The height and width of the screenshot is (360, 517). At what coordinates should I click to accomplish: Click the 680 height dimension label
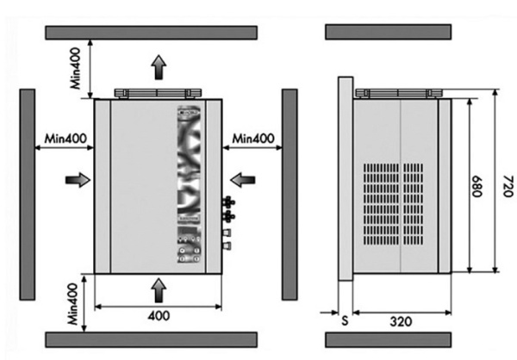pos(477,186)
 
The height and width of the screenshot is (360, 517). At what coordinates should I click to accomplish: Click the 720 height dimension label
pos(508,186)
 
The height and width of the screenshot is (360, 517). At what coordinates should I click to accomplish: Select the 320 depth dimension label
pos(401,321)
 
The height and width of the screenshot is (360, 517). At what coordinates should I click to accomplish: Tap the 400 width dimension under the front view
pos(159,316)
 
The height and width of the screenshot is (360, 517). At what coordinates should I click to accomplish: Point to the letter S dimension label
pos(345,320)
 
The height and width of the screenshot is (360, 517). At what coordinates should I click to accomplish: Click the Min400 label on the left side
pos(65,139)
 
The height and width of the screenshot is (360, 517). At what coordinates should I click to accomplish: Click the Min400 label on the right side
pos(252,139)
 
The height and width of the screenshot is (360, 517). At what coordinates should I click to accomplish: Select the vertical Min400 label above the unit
pos(76,68)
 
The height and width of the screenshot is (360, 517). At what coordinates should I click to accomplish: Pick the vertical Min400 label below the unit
pos(73,304)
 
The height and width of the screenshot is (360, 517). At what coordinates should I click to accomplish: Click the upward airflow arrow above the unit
pos(159,67)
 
